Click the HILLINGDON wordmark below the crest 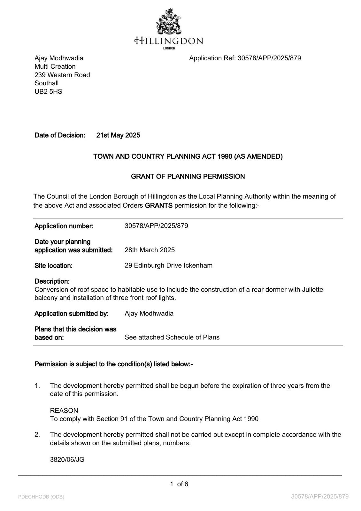click(x=169, y=41)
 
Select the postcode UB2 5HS click(x=48, y=92)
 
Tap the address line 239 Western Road click(x=62, y=75)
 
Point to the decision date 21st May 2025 click(x=118, y=135)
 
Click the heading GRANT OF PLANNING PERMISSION click(x=188, y=177)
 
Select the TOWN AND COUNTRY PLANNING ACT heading click(x=188, y=156)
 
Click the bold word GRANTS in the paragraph click(x=158, y=205)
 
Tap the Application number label click(x=64, y=226)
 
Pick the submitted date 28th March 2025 click(x=150, y=250)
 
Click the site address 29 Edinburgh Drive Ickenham click(x=168, y=266)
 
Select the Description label click(x=52, y=281)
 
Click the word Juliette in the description click(x=312, y=290)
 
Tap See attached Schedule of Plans click(x=172, y=338)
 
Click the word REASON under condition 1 click(x=64, y=411)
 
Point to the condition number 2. click(x=37, y=435)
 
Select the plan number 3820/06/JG click(x=67, y=460)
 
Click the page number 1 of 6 click(x=179, y=484)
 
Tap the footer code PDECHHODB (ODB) click(x=41, y=497)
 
